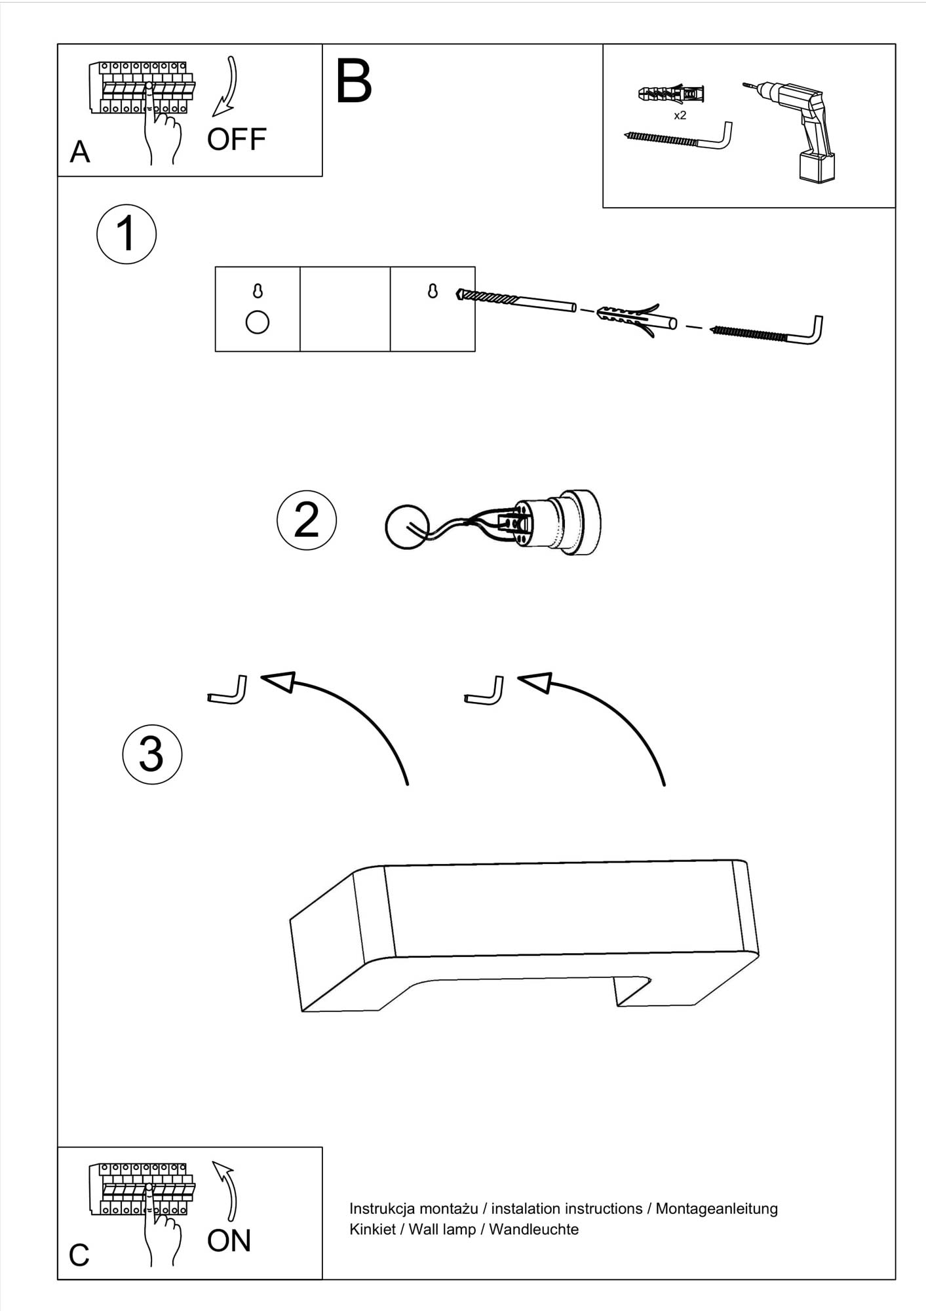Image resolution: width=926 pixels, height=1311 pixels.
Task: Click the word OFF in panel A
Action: (x=237, y=139)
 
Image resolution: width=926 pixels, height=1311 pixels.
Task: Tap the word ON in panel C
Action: (x=229, y=1241)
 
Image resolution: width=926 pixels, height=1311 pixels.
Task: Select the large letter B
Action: (x=353, y=81)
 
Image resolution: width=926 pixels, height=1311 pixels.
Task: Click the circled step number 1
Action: (x=126, y=235)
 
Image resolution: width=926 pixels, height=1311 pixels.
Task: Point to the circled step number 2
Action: (x=307, y=520)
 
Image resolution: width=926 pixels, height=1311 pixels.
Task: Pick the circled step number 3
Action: (x=152, y=754)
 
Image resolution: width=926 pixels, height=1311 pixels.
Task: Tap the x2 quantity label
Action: (x=680, y=115)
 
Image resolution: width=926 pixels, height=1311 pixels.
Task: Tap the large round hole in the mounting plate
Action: (x=257, y=323)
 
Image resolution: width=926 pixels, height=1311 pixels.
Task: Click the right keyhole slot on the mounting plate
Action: (x=433, y=291)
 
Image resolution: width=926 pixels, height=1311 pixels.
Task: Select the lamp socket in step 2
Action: (x=557, y=523)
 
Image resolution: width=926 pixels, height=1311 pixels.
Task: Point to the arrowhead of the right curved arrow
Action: (x=534, y=682)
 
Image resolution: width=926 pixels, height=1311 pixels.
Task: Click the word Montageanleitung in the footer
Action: (x=716, y=1209)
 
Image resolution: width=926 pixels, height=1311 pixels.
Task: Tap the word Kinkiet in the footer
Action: (x=372, y=1229)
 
